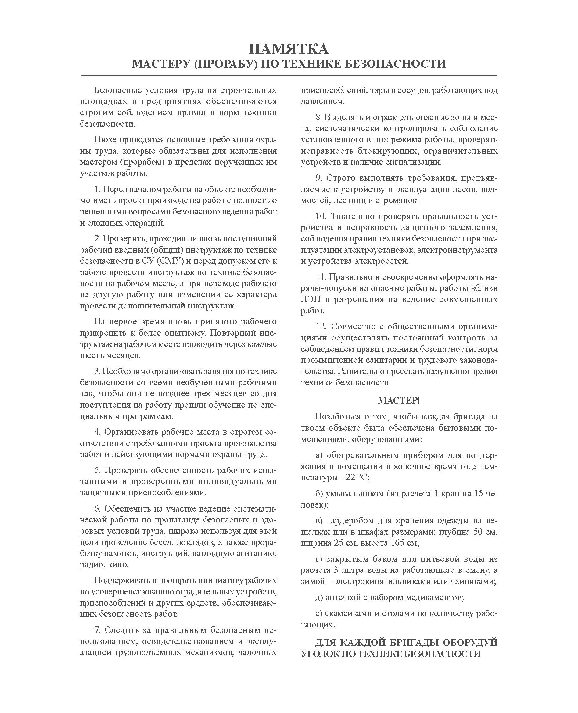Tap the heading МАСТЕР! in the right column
coord(399,401)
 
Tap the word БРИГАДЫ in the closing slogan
coord(411,642)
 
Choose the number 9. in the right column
coord(319,178)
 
